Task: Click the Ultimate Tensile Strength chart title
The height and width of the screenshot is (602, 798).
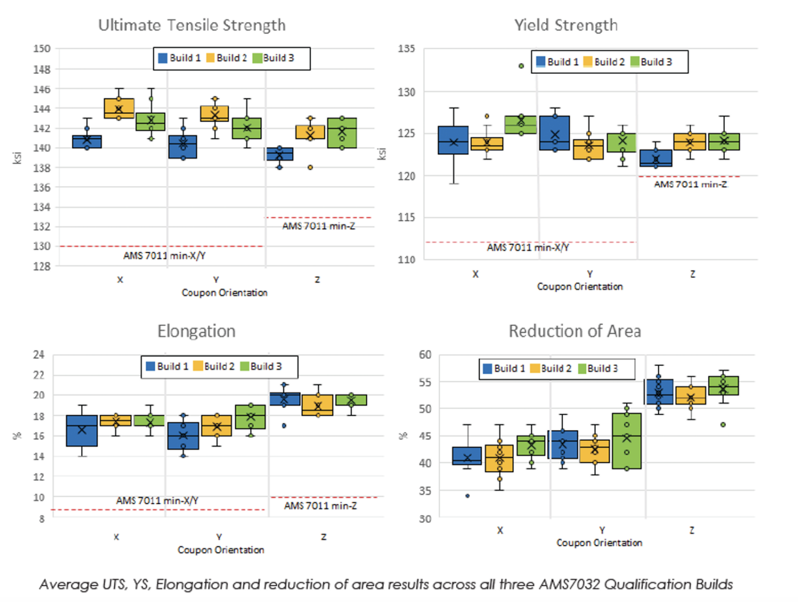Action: coord(192,25)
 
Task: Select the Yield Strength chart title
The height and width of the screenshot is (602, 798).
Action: coord(566,25)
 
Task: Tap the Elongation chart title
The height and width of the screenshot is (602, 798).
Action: coord(196,331)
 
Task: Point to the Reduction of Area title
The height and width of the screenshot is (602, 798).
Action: coord(575,331)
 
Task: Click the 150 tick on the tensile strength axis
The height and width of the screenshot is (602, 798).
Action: coord(42,49)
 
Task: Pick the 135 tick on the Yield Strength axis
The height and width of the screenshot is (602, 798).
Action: coord(406,49)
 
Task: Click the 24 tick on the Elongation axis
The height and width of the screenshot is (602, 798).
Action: coord(39,355)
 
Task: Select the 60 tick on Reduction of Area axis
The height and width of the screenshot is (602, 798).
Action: coord(425,355)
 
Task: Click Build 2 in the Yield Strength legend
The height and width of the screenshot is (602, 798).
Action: coord(604,62)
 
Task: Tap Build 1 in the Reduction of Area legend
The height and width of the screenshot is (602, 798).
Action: coord(504,369)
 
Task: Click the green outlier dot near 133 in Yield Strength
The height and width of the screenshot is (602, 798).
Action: coord(521,66)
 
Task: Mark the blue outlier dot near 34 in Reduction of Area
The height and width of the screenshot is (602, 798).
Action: coord(468,496)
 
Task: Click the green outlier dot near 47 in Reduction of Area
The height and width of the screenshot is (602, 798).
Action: coord(723,425)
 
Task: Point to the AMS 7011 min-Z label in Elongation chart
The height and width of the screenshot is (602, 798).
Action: coord(320,506)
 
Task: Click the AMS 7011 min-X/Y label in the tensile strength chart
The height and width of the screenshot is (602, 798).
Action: coord(164,256)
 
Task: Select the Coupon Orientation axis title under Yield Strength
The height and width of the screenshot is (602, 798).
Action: coord(579,286)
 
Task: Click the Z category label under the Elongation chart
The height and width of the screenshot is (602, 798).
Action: coord(324,537)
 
